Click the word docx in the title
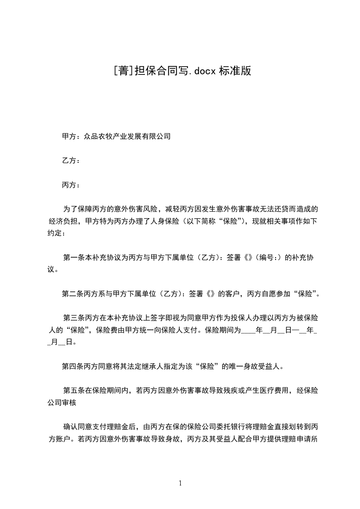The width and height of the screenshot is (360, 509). point(204,71)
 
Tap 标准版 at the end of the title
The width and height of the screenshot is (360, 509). point(235,71)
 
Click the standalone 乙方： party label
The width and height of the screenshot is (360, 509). point(71,160)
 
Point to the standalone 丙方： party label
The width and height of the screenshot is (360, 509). point(71,185)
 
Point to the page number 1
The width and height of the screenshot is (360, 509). point(180,483)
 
